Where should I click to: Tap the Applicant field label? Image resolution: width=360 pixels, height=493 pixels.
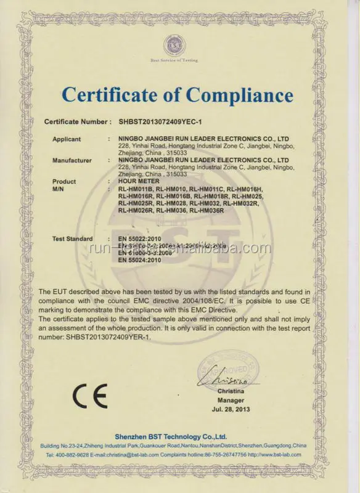[x=66, y=139]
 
